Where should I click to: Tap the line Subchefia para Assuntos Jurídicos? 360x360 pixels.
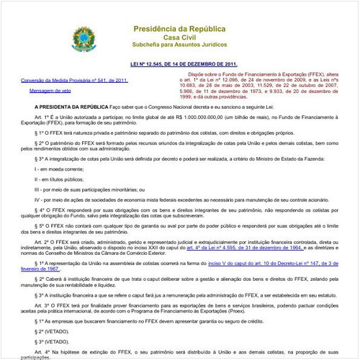coord(181,45)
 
